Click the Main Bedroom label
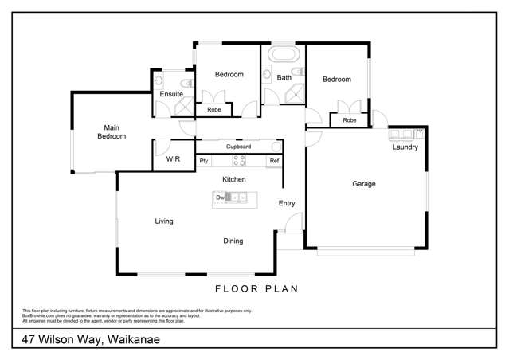click(x=112, y=131)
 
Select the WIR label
click(x=173, y=159)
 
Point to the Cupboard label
click(x=238, y=147)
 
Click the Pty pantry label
click(x=204, y=161)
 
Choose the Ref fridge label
click(x=274, y=161)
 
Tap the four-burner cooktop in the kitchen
click(x=238, y=161)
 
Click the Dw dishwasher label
click(x=219, y=196)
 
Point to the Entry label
click(x=287, y=203)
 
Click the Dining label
click(x=233, y=241)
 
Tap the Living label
click(x=164, y=221)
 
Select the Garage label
click(x=364, y=184)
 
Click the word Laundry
click(x=405, y=147)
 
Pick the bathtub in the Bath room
click(x=283, y=56)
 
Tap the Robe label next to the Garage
click(x=349, y=120)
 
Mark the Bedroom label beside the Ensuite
click(x=229, y=75)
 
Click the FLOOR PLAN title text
click(x=256, y=289)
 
